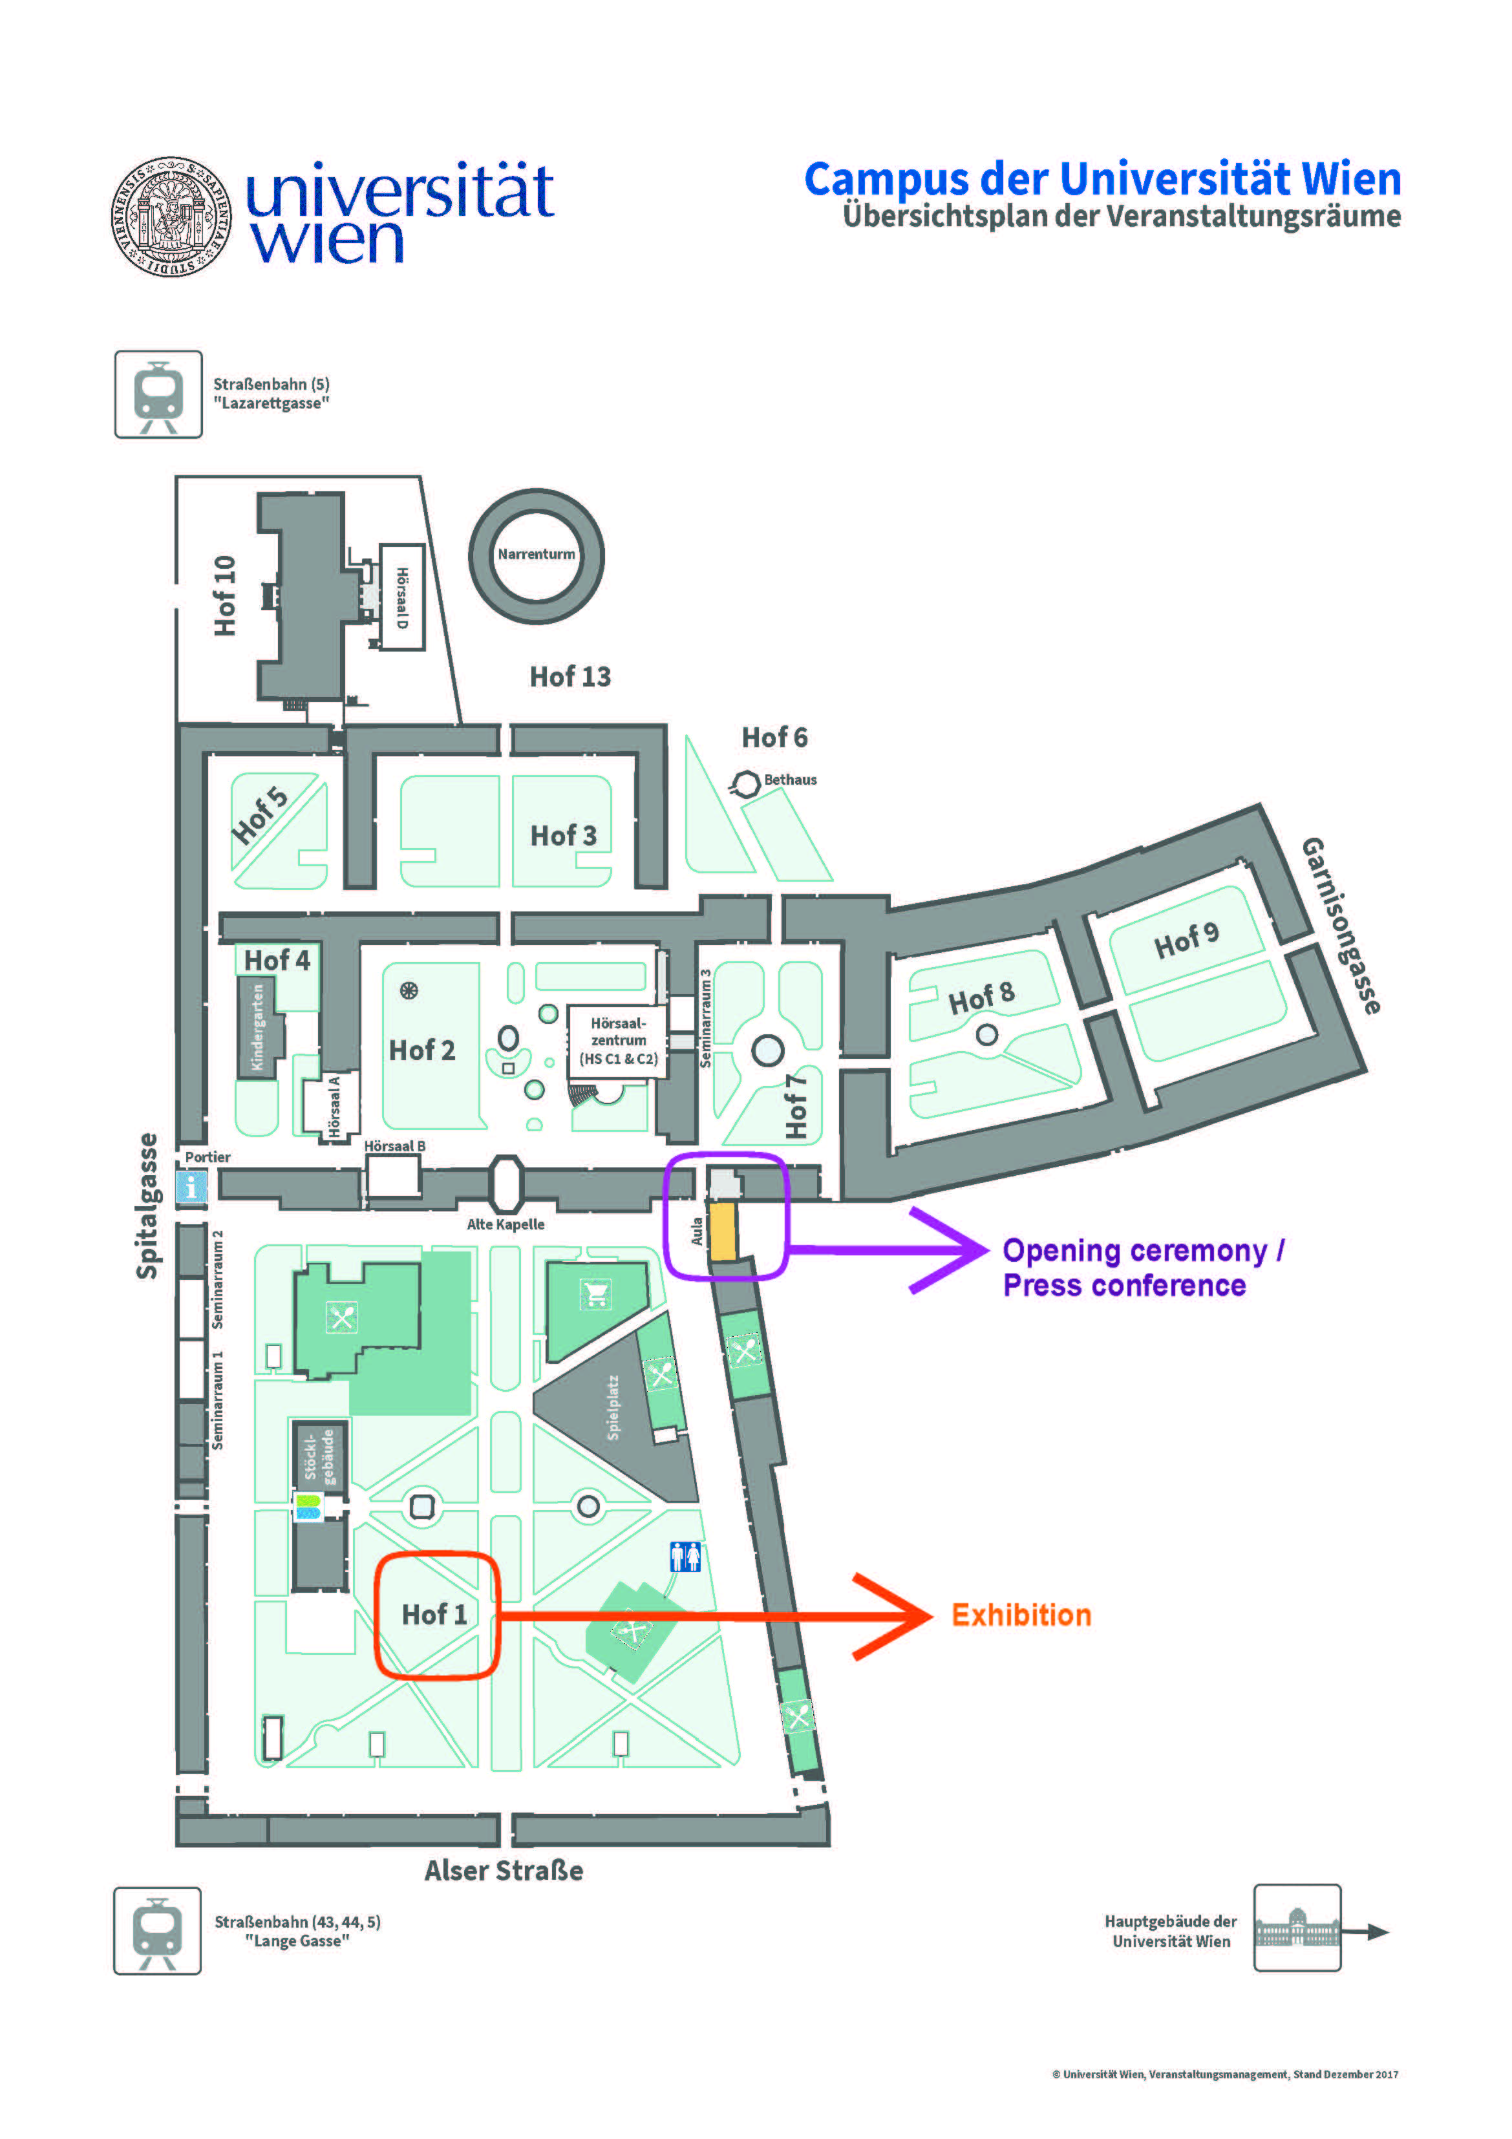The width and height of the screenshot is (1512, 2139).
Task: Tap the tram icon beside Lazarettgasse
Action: pyautogui.click(x=158, y=394)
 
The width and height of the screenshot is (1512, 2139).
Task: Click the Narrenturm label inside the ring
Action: pyautogui.click(x=536, y=555)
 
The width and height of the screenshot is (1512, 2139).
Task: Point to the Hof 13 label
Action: pyautogui.click(x=570, y=677)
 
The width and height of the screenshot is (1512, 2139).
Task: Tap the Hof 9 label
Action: pyautogui.click(x=1186, y=941)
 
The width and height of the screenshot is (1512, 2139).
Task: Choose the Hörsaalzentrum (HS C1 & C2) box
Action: pyautogui.click(x=617, y=1041)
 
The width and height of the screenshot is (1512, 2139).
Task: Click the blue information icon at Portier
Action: pyautogui.click(x=191, y=1187)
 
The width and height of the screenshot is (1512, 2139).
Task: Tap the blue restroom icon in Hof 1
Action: pyautogui.click(x=686, y=1556)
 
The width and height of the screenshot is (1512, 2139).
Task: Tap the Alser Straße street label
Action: pyautogui.click(x=504, y=1871)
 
